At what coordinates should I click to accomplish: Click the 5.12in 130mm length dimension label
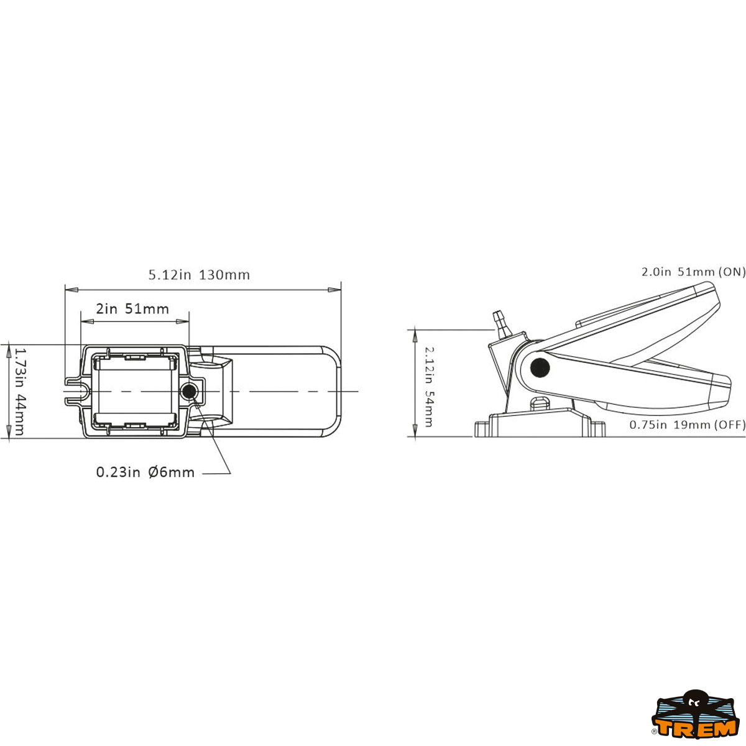(199, 275)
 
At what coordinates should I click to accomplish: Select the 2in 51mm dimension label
(132, 309)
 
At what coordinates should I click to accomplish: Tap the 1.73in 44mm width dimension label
(19, 391)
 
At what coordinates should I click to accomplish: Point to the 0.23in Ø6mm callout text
(145, 472)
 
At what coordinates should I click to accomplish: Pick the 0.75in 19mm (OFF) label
(687, 425)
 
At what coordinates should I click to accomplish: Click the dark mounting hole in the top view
(189, 392)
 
